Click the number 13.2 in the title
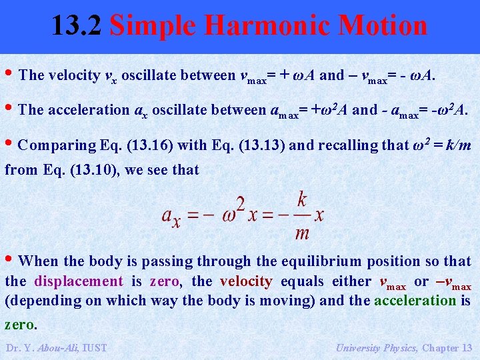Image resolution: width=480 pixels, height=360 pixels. coord(77,25)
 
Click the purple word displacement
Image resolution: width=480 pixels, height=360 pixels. coord(79,281)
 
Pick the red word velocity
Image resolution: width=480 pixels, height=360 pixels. coord(246,281)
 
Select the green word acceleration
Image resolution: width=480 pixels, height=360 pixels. coord(415,300)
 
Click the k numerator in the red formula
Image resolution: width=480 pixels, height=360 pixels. coord(303,199)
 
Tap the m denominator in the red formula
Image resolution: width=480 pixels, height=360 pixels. coord(302,232)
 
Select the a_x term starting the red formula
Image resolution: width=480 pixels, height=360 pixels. coord(171,216)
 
